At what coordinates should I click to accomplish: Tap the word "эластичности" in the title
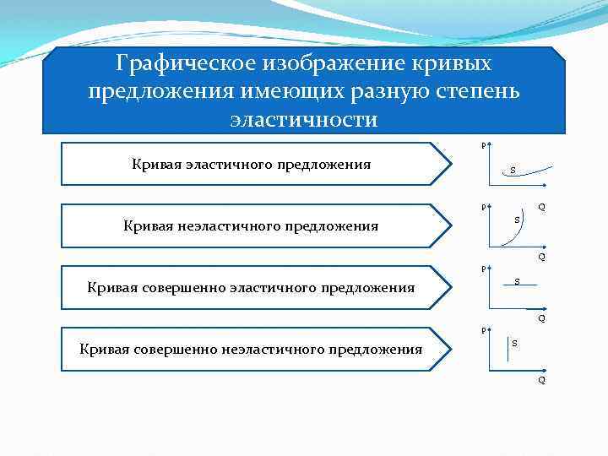click(x=304, y=119)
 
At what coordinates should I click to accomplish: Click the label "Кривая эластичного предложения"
click(x=252, y=164)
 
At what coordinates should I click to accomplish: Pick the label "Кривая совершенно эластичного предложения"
click(x=251, y=287)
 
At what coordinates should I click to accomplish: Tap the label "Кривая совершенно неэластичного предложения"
click(x=251, y=349)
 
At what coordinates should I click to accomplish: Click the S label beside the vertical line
click(x=515, y=343)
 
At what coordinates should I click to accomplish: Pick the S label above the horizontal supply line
click(x=518, y=280)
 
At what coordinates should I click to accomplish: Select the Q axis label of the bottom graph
click(x=541, y=380)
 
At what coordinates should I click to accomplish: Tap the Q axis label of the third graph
click(x=541, y=319)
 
